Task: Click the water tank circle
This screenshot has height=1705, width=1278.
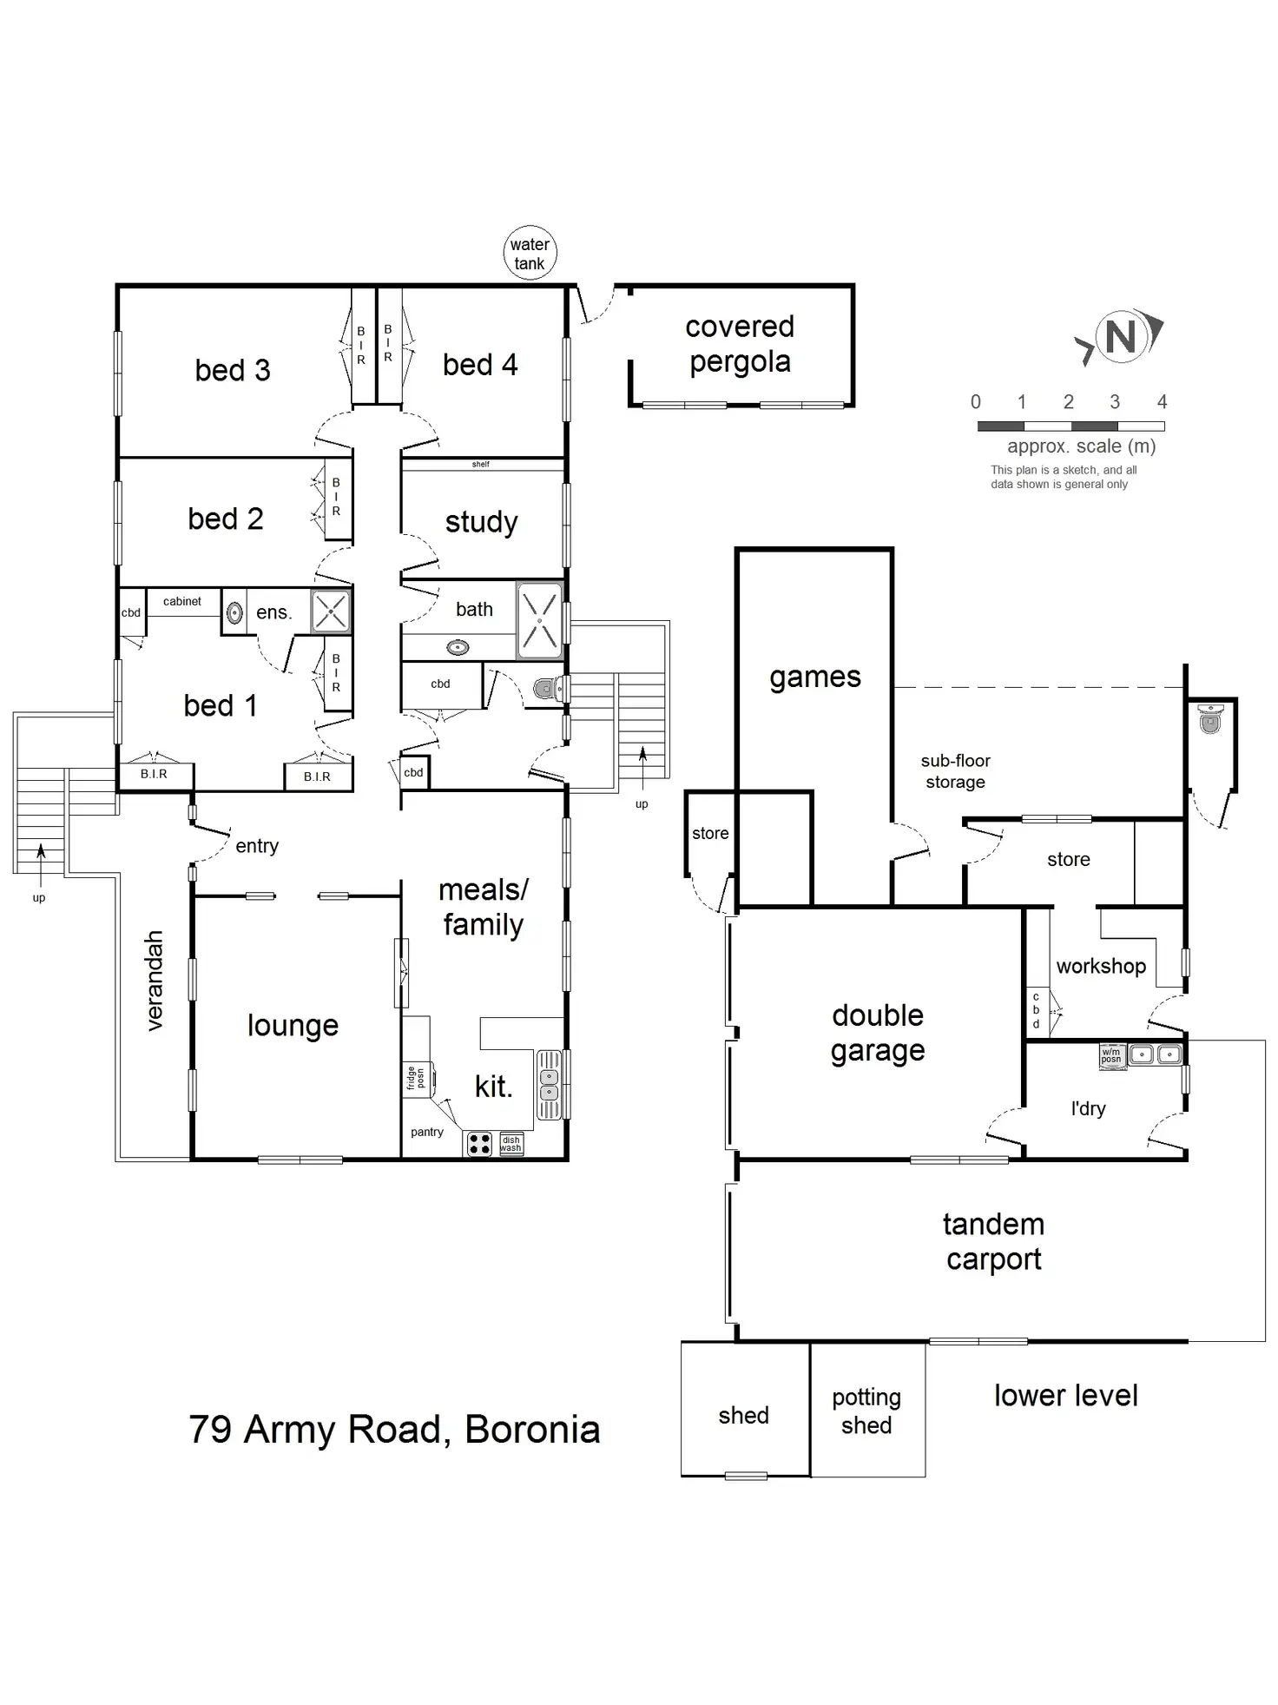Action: point(530,254)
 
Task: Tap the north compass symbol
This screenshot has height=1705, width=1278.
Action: point(1121,337)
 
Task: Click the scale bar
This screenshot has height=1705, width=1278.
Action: point(1070,426)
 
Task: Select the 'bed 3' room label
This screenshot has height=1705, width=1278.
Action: point(233,371)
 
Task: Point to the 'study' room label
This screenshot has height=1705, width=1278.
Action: point(481,522)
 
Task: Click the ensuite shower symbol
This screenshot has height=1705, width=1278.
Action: point(331,611)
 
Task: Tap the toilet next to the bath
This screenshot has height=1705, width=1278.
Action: point(545,690)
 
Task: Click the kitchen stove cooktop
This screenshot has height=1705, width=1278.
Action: point(479,1144)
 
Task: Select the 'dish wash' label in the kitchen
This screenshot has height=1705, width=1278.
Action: point(511,1144)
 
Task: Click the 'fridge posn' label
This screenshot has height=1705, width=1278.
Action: point(416,1078)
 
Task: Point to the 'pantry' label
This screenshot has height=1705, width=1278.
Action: point(427,1132)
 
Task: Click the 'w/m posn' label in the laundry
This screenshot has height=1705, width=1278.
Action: point(1112,1054)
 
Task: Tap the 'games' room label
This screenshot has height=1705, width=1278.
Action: point(814,677)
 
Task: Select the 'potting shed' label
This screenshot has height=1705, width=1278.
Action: point(866,1411)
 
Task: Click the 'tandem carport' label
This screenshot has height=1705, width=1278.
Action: point(993,1241)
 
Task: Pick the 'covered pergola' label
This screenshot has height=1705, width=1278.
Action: point(740,344)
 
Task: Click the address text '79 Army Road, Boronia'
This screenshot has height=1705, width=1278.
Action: point(394,1430)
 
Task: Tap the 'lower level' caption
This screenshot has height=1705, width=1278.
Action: point(1065,1396)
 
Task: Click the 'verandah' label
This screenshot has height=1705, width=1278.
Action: point(155,981)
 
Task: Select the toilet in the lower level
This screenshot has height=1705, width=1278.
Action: point(1210,719)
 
